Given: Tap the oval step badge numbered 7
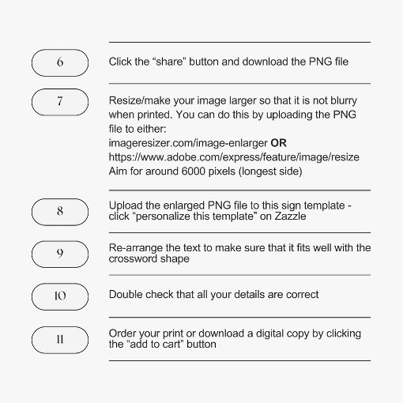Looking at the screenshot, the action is coord(60,102).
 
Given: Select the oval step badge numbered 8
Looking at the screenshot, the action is coord(60,212).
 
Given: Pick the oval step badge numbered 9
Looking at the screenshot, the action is coord(60,254).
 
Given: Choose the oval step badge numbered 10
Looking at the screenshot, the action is coord(60,296).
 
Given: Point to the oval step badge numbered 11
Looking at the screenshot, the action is coord(60,341).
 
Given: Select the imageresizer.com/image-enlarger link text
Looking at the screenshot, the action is coord(187,144).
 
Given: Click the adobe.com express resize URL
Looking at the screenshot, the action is coord(234,157).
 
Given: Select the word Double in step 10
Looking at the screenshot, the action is coord(125,295).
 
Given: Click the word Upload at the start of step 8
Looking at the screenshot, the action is coord(125,206).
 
